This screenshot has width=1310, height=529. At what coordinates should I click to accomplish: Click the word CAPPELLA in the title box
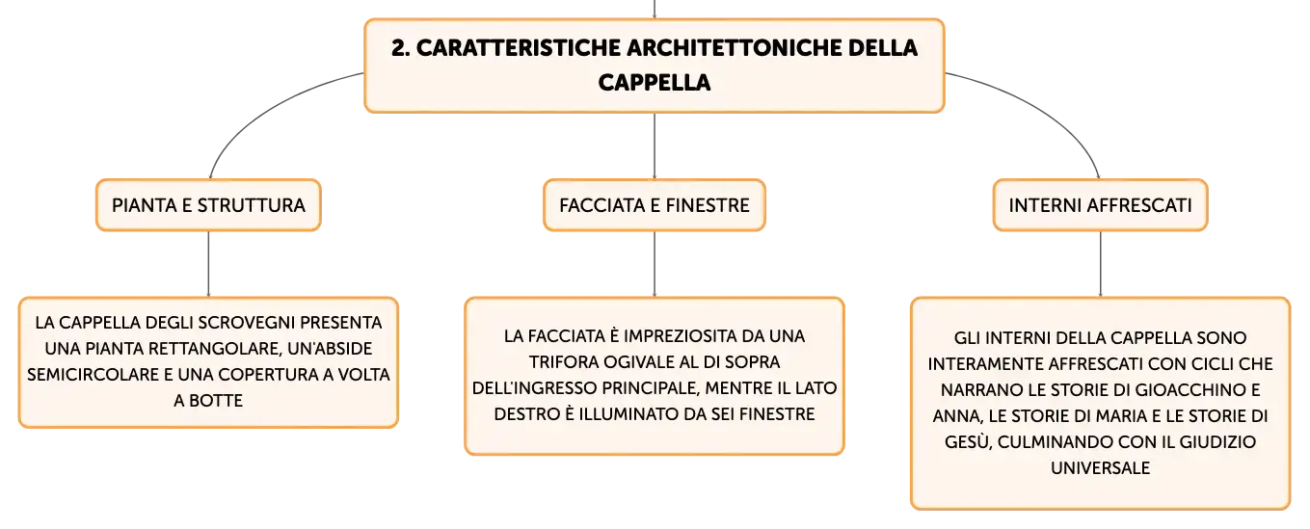(x=654, y=83)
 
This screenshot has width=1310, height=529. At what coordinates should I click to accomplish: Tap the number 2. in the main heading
(x=401, y=48)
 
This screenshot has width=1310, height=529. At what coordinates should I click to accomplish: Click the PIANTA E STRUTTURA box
(x=209, y=205)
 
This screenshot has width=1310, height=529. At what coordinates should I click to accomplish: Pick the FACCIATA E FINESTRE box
(x=655, y=205)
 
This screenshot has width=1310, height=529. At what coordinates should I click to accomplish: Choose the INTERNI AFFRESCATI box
(x=1100, y=205)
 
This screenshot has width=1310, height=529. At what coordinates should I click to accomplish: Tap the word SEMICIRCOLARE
(x=93, y=375)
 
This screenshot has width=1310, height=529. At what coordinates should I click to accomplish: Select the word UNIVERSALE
(x=1100, y=468)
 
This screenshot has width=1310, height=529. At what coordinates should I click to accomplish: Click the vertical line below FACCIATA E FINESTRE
(x=655, y=264)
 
